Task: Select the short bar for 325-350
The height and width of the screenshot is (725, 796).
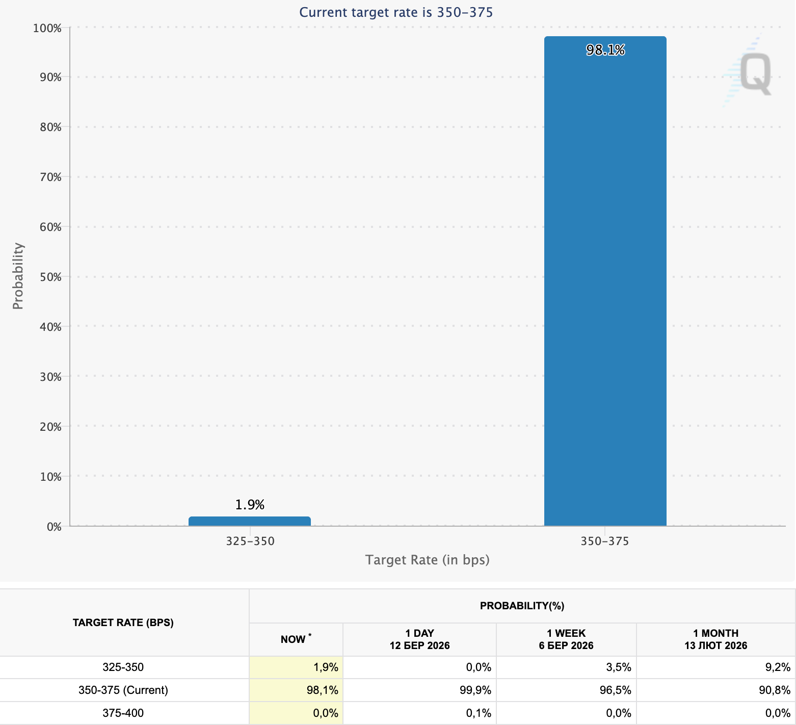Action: point(250,521)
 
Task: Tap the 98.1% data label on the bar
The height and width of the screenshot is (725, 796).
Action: point(605,50)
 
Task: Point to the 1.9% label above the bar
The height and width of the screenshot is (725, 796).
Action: point(250,505)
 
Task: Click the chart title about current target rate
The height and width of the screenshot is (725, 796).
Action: point(396,12)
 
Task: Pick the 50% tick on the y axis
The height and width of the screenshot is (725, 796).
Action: point(50,277)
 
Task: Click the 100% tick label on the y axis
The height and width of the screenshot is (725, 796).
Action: point(47,28)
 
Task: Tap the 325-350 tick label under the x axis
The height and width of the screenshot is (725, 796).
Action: point(250,541)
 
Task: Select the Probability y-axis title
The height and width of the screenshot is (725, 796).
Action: point(18,276)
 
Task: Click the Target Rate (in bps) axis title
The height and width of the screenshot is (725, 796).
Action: point(427,560)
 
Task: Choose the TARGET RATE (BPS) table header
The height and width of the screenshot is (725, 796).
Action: point(123,623)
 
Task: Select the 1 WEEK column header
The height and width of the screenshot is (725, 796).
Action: point(566,639)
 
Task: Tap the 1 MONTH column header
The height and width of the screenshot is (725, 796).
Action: point(715,639)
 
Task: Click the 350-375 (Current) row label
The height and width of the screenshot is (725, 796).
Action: point(123,690)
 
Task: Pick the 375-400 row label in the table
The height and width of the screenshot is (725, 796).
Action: point(123,713)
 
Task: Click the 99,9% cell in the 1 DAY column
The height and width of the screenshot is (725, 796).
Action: point(478,690)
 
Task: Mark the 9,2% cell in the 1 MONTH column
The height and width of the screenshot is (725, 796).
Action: point(778,667)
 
